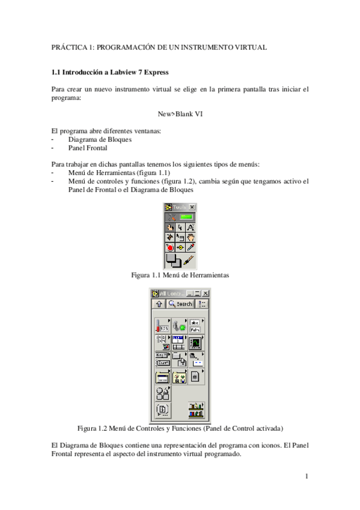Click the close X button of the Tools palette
click(x=192, y=207)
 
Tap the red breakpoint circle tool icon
click(x=169, y=247)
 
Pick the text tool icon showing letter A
click(x=191, y=227)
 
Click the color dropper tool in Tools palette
click(x=191, y=247)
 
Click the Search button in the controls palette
click(x=180, y=304)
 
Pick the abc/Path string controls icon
click(x=195, y=326)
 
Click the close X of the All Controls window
click(x=204, y=293)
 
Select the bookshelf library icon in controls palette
click(x=197, y=411)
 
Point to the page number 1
click(x=307, y=477)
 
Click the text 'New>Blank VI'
click(x=180, y=114)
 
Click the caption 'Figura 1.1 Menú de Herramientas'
click(x=180, y=275)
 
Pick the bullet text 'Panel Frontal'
click(x=88, y=147)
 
